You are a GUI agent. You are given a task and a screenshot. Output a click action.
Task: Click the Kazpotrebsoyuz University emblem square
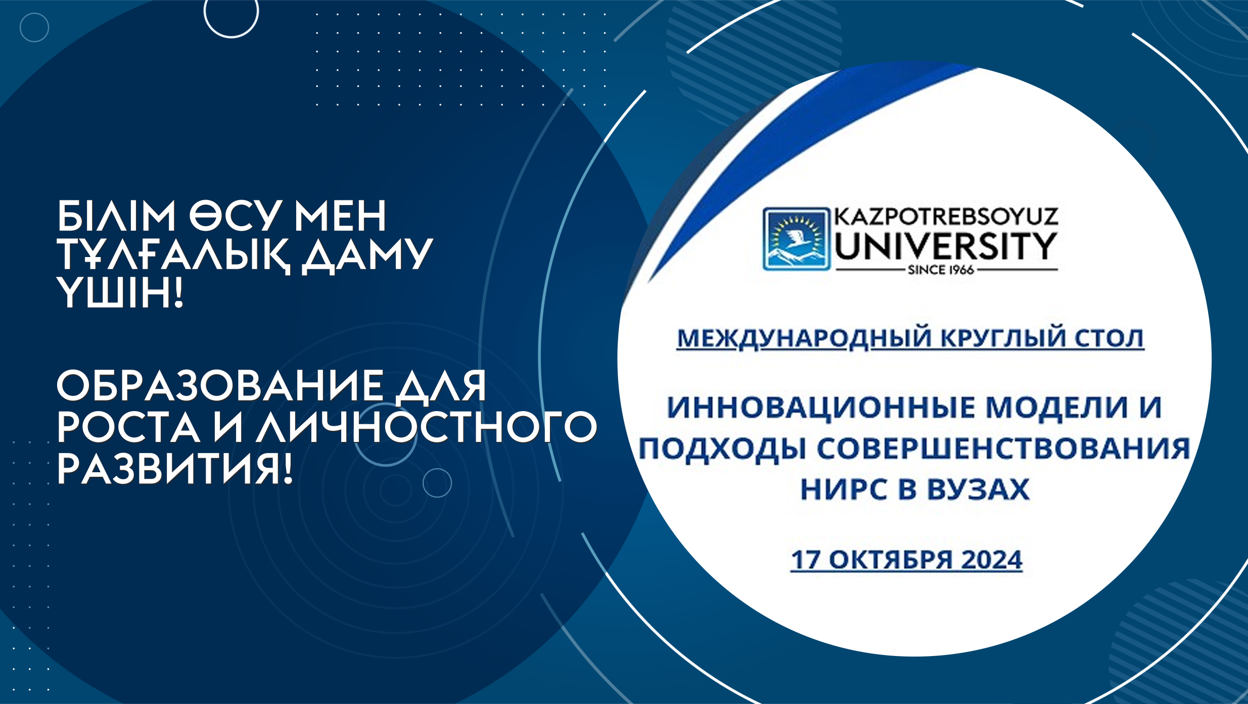pos(797,239)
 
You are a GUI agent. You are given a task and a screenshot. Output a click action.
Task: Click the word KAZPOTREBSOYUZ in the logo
pos(946,217)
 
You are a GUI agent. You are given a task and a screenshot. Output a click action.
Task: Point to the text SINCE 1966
pos(941,270)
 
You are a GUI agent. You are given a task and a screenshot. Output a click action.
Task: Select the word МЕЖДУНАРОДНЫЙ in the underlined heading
pos(804,339)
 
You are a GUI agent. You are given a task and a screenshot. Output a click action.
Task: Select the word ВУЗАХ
pos(979,489)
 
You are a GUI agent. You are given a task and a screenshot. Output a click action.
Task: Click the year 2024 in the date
pos(992,560)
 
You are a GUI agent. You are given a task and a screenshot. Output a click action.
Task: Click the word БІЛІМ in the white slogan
pos(116,216)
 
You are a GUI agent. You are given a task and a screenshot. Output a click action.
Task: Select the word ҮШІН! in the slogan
pos(120,292)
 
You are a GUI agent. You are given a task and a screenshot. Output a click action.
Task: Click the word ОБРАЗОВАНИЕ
pos(220,386)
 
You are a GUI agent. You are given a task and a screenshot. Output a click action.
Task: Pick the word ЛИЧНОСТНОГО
pos(427,427)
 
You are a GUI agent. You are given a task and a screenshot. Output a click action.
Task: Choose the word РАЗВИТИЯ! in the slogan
pos(175,469)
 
